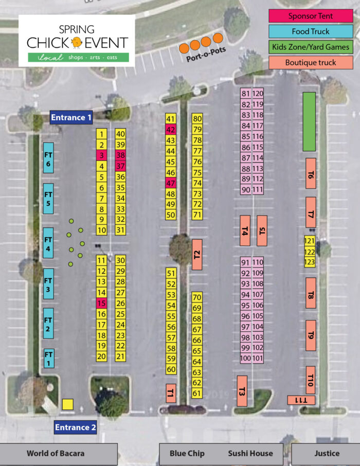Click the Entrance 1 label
pos(71,117)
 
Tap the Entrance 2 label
pos(76,427)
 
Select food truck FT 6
pos(48,159)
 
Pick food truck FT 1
pos(49,358)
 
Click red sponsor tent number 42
pos(171,130)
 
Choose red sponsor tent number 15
pos(101,303)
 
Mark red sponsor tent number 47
pos(171,183)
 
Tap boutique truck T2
pos(197,254)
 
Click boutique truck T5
pos(262,231)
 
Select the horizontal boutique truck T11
pos(301,400)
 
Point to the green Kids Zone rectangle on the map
pos(309,121)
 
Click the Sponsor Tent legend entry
pos(311,16)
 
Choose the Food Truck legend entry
pos(311,31)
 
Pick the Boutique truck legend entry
pos(311,62)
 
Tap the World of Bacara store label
pos(56,454)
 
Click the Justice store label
pos(327,454)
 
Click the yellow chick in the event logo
pos(77,42)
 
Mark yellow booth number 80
pos(197,119)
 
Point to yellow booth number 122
pos(309,252)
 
